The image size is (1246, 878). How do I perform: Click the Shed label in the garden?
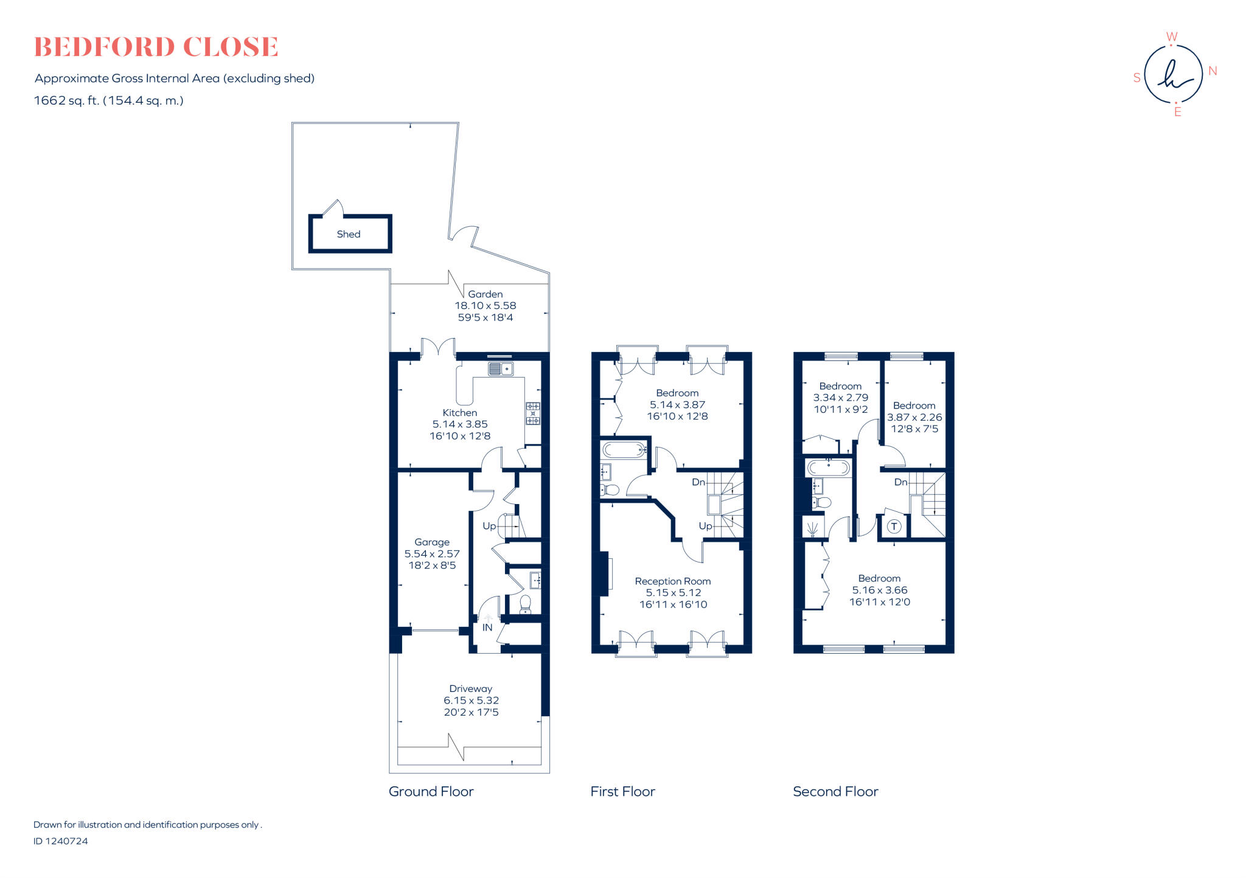coord(349,234)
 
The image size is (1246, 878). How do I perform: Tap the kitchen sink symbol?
coord(501,368)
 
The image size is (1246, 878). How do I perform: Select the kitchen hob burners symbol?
coord(532,413)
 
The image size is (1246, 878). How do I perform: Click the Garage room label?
coord(432,542)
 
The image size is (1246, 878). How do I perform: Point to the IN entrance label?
coord(487,627)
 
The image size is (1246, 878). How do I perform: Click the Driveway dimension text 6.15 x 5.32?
coord(471,700)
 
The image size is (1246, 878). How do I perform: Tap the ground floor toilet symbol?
coord(525,604)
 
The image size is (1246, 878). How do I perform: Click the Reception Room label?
coord(672,581)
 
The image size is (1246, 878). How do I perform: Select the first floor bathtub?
coord(624,451)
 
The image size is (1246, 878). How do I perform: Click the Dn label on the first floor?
coord(698,482)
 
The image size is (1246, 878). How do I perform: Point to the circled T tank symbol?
coord(894,527)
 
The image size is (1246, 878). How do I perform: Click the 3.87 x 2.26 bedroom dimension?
coord(914,417)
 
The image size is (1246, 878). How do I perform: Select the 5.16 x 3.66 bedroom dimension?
coord(879,590)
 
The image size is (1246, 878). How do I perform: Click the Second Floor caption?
coord(835,792)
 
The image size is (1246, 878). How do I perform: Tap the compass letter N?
coord(1213,71)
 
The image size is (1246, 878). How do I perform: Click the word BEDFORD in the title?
coord(103,47)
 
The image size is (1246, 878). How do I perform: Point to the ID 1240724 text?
coord(61,841)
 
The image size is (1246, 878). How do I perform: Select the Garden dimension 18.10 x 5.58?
coord(485,306)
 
